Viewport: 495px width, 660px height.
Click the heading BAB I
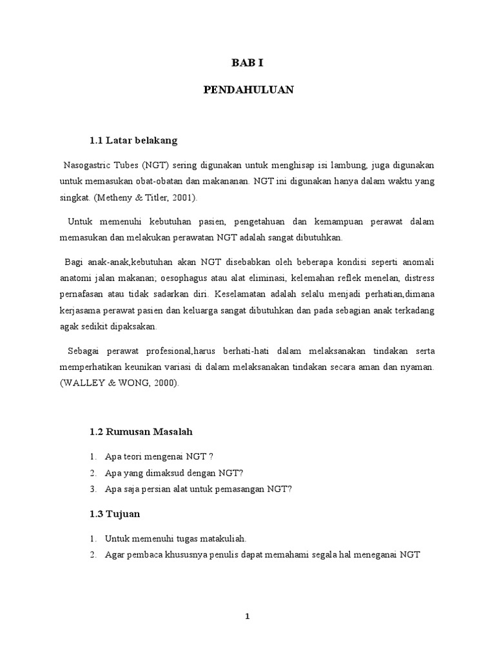coord(248,63)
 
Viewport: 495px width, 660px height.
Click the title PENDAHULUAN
coord(248,90)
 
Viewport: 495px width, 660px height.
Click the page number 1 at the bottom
coord(247,616)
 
